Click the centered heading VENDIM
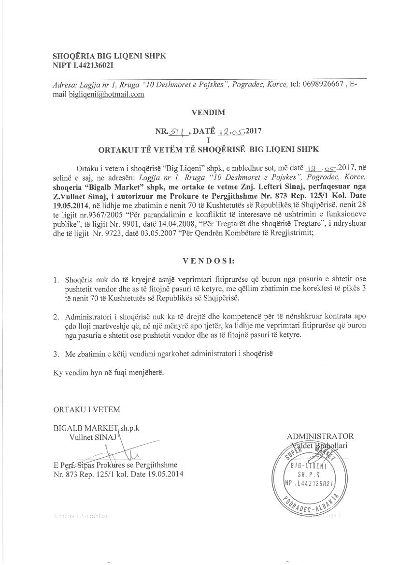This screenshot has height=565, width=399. click(208, 113)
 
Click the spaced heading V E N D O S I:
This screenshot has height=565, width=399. click(208, 261)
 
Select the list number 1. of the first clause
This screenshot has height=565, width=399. click(57, 280)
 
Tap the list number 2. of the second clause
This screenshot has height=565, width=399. click(57, 317)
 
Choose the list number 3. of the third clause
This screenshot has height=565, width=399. click(57, 354)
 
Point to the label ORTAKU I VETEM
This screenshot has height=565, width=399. click(86, 409)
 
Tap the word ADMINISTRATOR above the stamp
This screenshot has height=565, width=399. click(320, 436)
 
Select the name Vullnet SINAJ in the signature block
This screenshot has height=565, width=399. click(89, 437)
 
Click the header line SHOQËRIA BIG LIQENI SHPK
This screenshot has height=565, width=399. click(109, 56)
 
